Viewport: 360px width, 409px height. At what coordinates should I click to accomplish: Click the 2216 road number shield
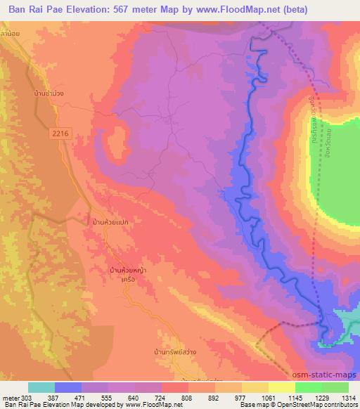pos(60,132)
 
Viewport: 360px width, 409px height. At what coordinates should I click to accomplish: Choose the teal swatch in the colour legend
pos(41,387)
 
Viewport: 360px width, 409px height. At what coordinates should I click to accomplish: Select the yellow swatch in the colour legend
pos(281,387)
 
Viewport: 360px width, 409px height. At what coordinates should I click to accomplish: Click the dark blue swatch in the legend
pos(68,387)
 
